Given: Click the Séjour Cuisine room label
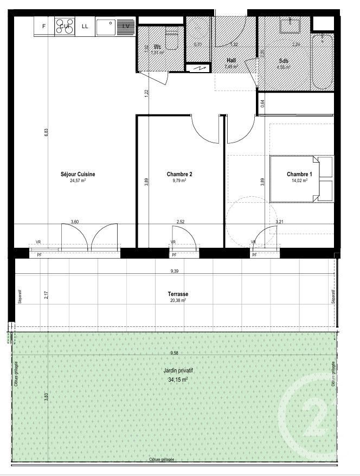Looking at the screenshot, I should (x=78, y=174).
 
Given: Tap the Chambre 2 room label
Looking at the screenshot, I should (x=179, y=174).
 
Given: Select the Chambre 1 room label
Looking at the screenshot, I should (x=299, y=174).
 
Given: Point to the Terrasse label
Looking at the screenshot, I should (x=177, y=294).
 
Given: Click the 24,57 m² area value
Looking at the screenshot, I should (x=78, y=181).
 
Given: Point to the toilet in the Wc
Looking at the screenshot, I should (x=172, y=41).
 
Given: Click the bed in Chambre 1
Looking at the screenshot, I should (x=302, y=179).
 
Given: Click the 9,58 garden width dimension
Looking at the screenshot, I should (x=175, y=353).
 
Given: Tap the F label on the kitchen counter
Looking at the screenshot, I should (x=44, y=25).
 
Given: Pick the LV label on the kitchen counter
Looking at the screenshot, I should (x=126, y=25).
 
